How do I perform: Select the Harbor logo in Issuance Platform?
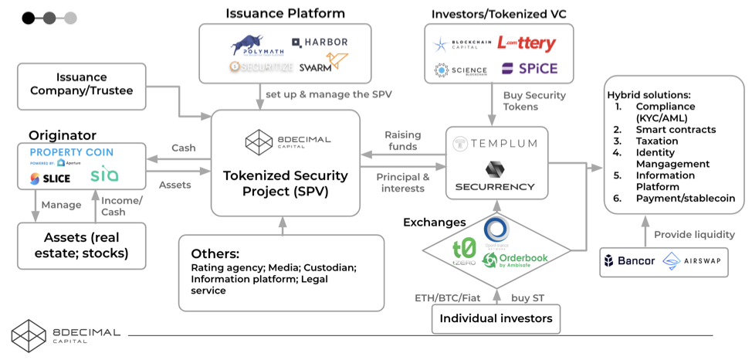[320, 42]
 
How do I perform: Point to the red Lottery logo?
[526, 43]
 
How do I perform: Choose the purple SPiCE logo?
[529, 69]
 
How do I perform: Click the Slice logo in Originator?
[51, 178]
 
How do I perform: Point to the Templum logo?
[496, 144]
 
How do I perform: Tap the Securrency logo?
[496, 177]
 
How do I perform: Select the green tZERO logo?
[462, 252]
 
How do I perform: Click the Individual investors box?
[496, 318]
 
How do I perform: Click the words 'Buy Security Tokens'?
[534, 101]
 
